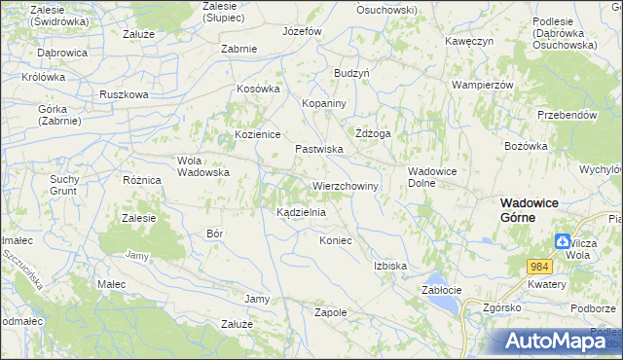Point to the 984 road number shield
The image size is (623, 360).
pos(540,266)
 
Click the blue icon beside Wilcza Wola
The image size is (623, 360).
pos(563,242)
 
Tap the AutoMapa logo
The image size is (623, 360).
pos(556,342)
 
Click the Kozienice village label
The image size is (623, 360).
pos(257,134)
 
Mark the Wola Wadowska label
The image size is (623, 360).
pos(202,166)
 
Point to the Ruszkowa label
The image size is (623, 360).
pos(124,94)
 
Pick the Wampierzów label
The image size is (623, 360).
pos(482,85)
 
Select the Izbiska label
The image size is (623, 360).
pos(389,265)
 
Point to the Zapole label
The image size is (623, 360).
pos(331,312)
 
